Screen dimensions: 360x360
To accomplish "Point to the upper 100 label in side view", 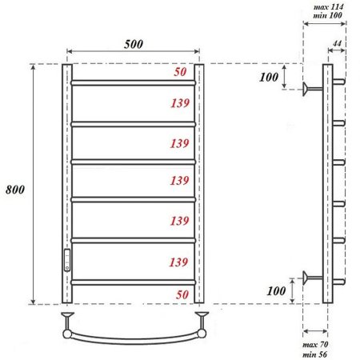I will tap(271, 78).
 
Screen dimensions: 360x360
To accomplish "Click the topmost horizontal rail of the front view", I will tap(134, 82).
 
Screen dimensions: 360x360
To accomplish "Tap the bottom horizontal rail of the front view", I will tap(134, 282).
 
